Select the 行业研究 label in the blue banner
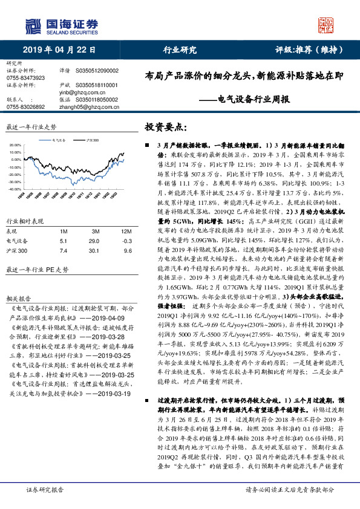180,51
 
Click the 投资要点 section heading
163,128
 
